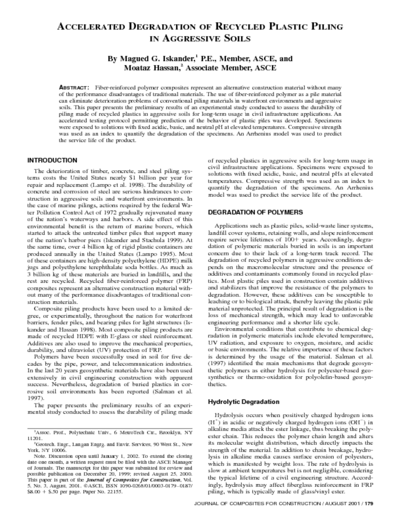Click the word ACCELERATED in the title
pos(93,26)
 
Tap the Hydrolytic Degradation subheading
pos(240,402)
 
